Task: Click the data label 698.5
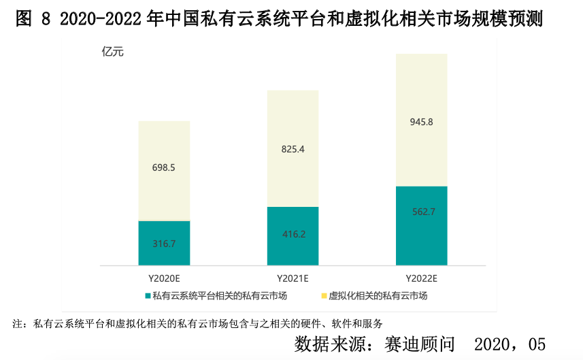pos(164,167)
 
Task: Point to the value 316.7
pos(164,243)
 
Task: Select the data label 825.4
pos(293,148)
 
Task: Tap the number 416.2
pos(293,234)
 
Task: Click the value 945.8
pos(422,122)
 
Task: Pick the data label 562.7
pos(422,212)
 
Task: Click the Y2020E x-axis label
pos(164,278)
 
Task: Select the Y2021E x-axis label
pos(293,278)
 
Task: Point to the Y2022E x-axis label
pos(422,278)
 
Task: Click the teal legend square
pos(147,295)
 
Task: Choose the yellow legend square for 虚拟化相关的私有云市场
pos(323,295)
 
